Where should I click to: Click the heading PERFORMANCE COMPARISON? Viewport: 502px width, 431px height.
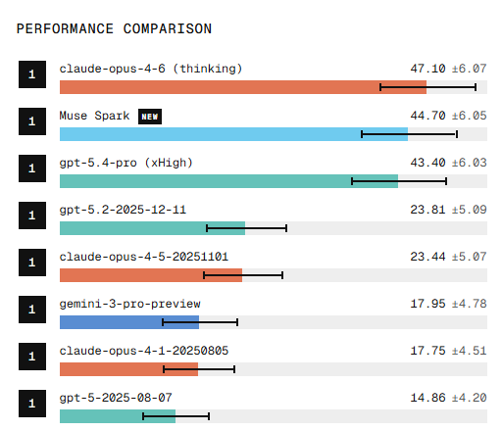coord(114,28)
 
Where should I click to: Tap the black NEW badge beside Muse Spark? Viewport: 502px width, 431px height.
coord(150,116)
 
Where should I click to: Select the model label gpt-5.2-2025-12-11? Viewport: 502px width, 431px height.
coord(123,210)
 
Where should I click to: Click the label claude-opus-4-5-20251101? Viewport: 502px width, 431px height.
coord(144,257)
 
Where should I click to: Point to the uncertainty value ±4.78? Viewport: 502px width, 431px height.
coord(469,304)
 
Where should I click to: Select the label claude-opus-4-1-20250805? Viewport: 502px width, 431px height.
coord(144,351)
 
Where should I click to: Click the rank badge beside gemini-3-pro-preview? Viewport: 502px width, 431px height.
coord(32,310)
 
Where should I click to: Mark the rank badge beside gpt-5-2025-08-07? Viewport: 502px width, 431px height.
coord(32,404)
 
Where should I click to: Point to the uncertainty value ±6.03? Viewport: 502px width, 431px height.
coord(469,163)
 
